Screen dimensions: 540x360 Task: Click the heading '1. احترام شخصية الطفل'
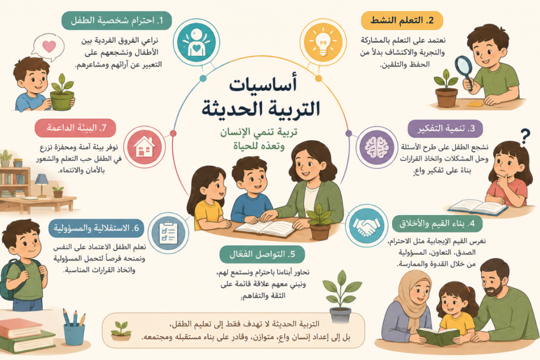pos(117,21)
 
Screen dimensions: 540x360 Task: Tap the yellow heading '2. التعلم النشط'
pos(401,21)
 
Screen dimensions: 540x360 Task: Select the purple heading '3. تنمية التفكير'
pos(445,129)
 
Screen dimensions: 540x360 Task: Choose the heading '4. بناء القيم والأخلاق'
pos(437,223)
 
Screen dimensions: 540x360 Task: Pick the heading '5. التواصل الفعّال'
pos(262,255)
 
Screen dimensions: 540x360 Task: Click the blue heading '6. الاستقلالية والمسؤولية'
pos(96,228)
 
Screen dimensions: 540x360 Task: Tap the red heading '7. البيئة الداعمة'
pos(75,128)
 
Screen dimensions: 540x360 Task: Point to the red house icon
pos(144,147)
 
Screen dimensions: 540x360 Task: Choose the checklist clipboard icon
pos(168,232)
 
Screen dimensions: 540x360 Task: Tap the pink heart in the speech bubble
pos(49,46)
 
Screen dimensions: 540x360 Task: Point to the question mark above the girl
pos(525,137)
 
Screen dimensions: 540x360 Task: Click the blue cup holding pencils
pos(74,334)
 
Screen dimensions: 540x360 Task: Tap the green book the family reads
pos(438,336)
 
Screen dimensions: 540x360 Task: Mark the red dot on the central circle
pos(173,133)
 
